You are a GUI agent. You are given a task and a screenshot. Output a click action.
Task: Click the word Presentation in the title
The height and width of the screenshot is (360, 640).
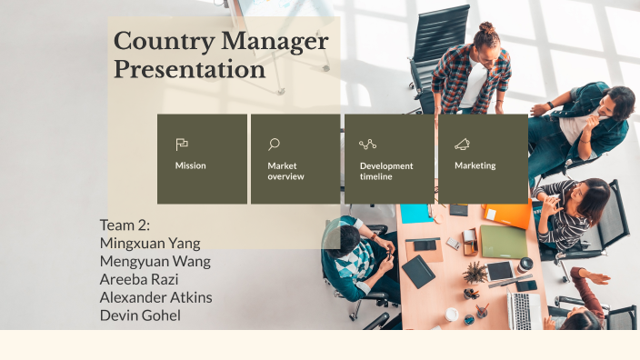point(189,69)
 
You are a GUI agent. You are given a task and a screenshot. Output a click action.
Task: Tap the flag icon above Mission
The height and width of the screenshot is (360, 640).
point(182,144)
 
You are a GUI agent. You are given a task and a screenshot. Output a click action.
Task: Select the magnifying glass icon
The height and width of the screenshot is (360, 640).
point(274,144)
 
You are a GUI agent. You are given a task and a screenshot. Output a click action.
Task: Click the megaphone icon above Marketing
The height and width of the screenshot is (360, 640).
point(462,144)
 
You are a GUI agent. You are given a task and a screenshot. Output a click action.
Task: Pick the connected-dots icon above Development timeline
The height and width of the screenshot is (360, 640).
point(367,144)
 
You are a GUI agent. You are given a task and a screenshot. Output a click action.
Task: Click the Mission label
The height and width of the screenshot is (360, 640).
point(191,166)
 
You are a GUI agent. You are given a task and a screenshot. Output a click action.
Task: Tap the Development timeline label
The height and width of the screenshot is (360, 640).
point(386,171)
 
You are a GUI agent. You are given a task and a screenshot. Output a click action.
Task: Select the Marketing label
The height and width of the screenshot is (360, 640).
point(475,166)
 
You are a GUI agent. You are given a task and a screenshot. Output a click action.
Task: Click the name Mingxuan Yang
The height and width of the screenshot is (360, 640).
point(150,243)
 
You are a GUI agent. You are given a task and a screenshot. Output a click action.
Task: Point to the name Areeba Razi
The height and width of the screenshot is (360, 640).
point(142,279)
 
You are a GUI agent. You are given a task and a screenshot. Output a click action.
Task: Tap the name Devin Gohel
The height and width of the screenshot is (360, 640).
point(140,315)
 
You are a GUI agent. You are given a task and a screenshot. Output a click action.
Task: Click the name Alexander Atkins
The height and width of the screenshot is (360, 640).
point(155,297)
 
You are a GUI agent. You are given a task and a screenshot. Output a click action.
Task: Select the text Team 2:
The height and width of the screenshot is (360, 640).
point(125,225)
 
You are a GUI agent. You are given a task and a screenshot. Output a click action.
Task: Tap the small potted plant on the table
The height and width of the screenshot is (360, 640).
point(475,272)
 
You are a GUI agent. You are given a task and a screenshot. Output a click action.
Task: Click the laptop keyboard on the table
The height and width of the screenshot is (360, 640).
point(525,310)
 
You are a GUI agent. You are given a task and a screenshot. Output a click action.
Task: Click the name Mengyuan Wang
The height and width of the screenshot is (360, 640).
point(155,261)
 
